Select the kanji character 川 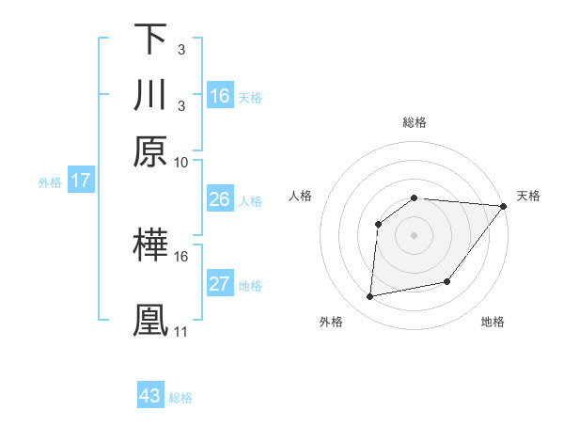(150, 95)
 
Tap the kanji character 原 (150, 151)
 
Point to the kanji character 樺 (150, 245)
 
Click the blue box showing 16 (220, 95)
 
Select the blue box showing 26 (220, 199)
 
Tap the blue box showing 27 (220, 284)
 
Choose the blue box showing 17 (80, 181)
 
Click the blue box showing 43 (150, 396)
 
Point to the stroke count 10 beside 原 (181, 163)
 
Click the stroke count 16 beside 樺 (181, 256)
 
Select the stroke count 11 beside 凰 (181, 332)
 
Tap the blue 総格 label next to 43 (180, 398)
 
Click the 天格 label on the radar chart (528, 196)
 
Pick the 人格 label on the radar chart (301, 196)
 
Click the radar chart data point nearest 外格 (370, 297)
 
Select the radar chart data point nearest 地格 (448, 281)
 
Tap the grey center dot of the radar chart (414, 234)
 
